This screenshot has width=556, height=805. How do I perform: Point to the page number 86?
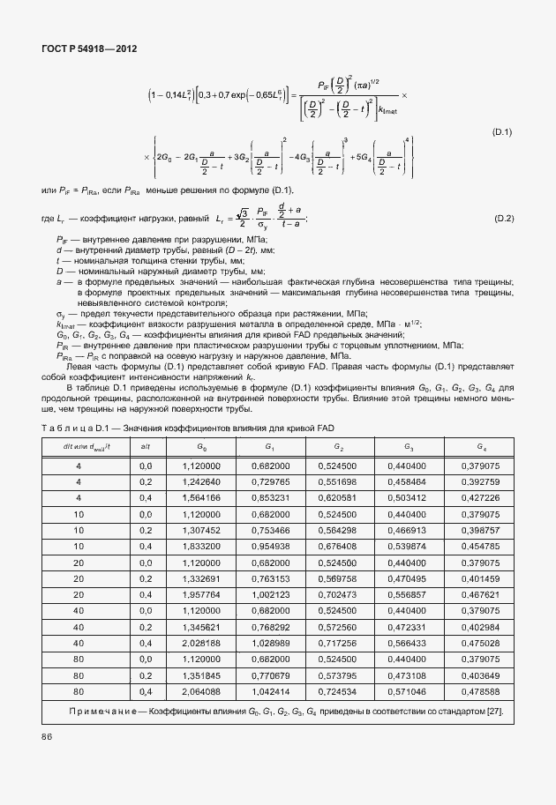[47, 734]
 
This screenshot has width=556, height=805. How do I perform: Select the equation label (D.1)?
[502, 132]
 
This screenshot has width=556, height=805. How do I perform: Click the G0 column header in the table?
[202, 447]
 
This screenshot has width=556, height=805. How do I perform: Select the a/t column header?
[146, 447]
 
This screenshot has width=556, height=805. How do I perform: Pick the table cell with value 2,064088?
[202, 691]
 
